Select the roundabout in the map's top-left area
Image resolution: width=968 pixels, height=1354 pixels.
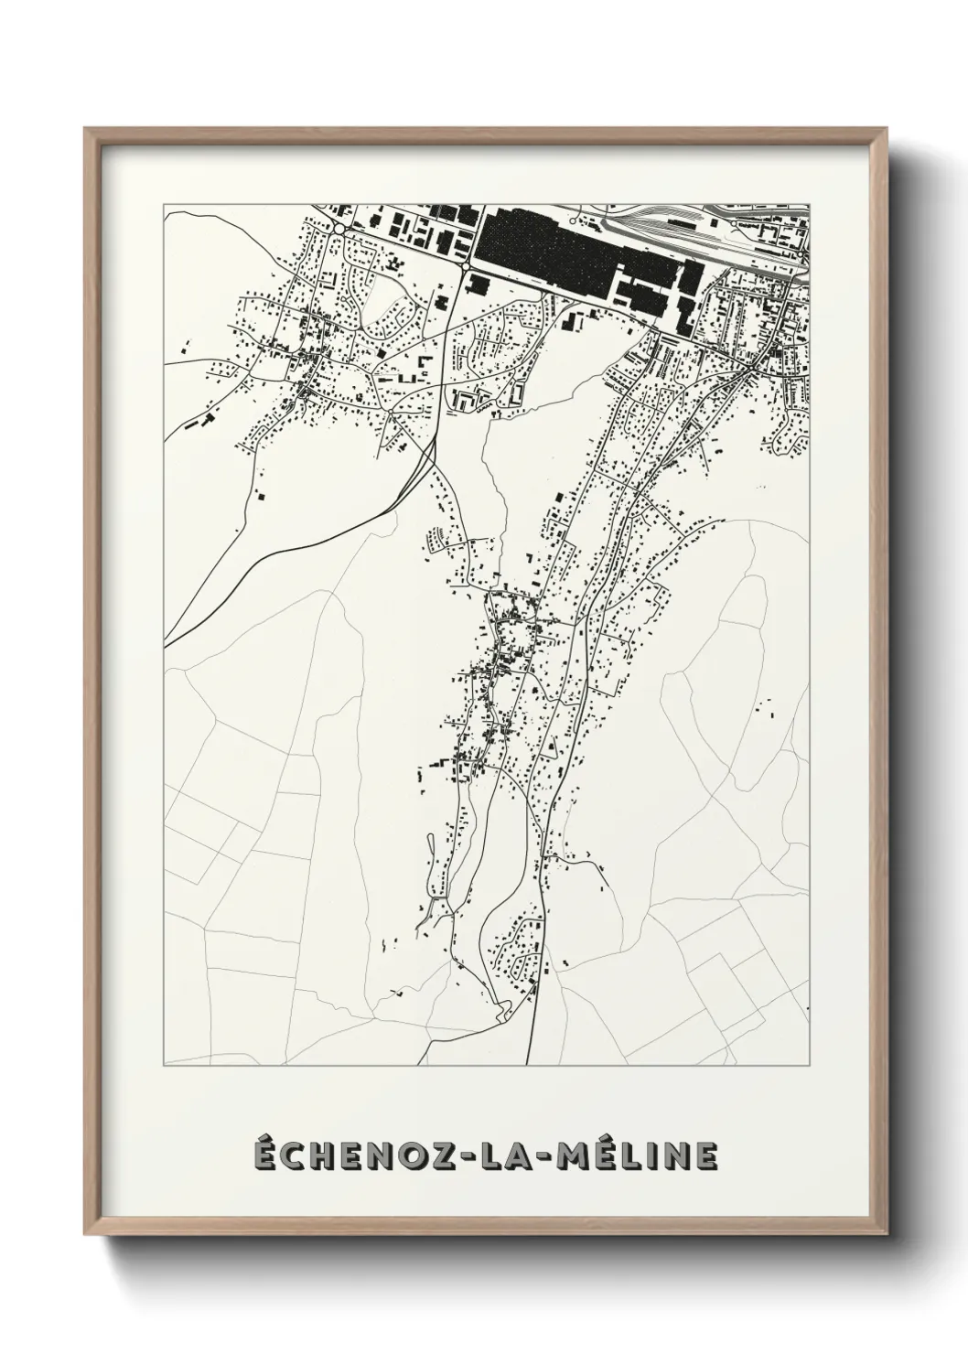tap(339, 228)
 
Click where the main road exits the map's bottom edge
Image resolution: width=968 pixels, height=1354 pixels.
tap(530, 1063)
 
